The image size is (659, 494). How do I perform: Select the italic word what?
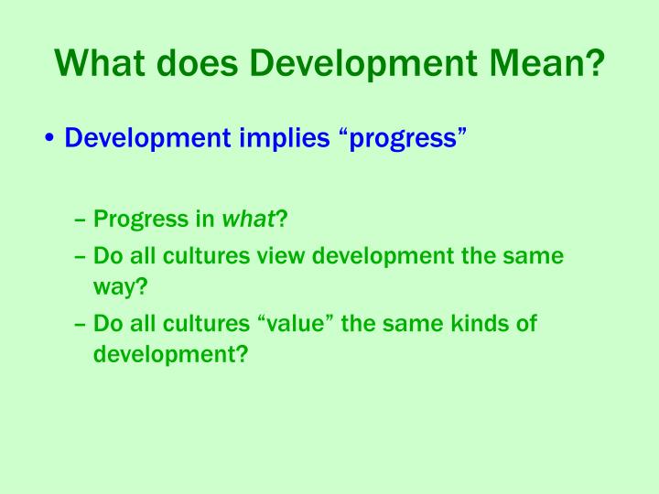(249, 220)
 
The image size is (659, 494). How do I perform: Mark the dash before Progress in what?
(81, 220)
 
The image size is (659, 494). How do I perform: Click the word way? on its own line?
(120, 287)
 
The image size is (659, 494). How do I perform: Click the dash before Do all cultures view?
(81, 256)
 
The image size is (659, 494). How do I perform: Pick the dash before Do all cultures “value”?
(81, 324)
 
